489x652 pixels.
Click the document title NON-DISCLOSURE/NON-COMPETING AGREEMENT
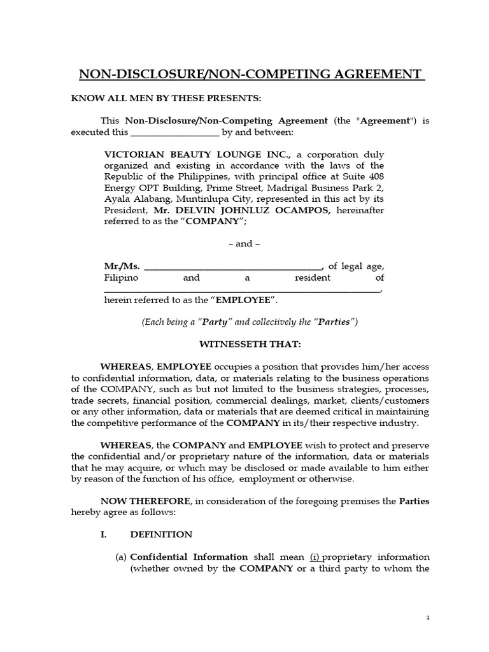point(252,75)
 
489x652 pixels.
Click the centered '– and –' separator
point(244,243)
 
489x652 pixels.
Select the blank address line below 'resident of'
point(242,290)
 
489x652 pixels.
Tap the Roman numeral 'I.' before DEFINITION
point(105,534)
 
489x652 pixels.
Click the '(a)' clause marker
point(121,556)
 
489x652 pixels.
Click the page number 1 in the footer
point(429,618)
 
